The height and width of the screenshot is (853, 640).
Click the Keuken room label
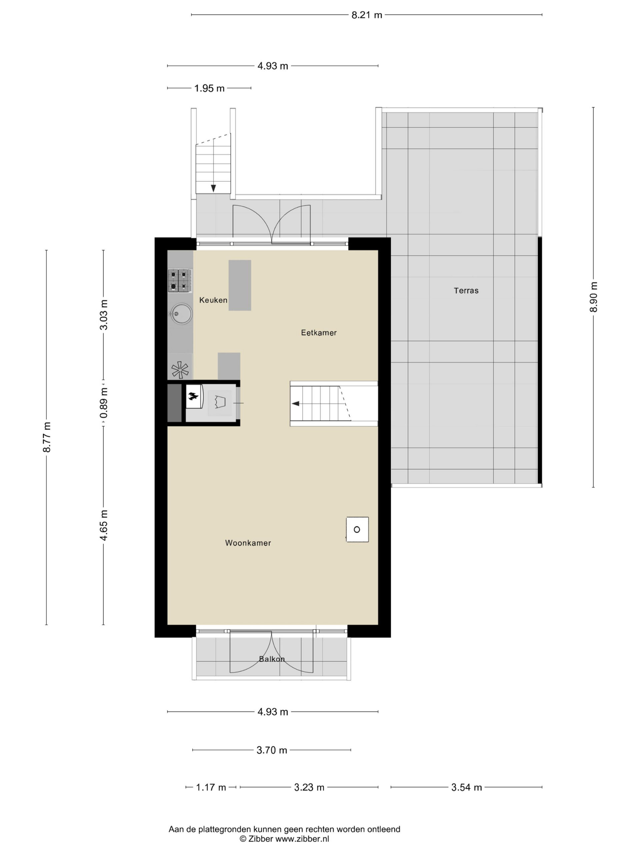213,300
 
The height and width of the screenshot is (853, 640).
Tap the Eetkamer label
319,333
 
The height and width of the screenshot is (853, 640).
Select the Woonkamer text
248,543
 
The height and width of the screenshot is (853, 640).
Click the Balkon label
272,659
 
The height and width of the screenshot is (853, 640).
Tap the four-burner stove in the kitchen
180,280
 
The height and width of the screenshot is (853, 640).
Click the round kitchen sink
181,313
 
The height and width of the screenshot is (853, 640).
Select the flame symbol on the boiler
193,395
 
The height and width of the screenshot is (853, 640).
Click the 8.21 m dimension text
366,15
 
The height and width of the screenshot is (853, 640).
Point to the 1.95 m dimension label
209,88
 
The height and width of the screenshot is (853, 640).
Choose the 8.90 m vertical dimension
594,297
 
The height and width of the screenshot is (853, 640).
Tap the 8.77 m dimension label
47,437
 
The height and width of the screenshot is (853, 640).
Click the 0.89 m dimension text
104,403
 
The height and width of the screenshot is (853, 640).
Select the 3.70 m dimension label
272,750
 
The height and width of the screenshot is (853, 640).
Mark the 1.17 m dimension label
211,787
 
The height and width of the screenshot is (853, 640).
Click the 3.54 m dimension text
466,787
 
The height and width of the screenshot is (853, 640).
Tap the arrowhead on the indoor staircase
296,404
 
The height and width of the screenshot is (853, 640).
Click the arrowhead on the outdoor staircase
213,188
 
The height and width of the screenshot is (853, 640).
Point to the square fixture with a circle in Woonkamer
357,529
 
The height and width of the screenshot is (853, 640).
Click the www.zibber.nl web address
302,839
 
